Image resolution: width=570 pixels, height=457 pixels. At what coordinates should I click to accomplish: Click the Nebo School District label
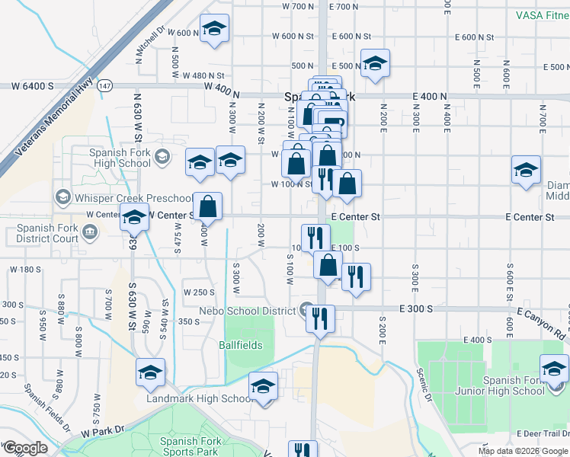click(x=248, y=311)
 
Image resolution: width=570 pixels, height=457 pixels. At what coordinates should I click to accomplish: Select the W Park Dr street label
click(x=101, y=430)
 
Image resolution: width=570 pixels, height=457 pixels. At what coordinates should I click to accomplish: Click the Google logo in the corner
click(x=25, y=448)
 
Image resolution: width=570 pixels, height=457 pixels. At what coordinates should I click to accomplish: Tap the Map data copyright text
click(x=523, y=451)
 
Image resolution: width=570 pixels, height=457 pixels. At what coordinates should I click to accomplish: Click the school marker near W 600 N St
click(x=215, y=30)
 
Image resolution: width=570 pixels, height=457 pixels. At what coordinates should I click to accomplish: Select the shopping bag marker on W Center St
click(x=207, y=206)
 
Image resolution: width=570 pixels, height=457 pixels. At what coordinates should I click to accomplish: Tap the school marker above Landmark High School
click(x=263, y=386)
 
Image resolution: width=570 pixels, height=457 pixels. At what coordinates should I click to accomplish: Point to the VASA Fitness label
click(x=533, y=14)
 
